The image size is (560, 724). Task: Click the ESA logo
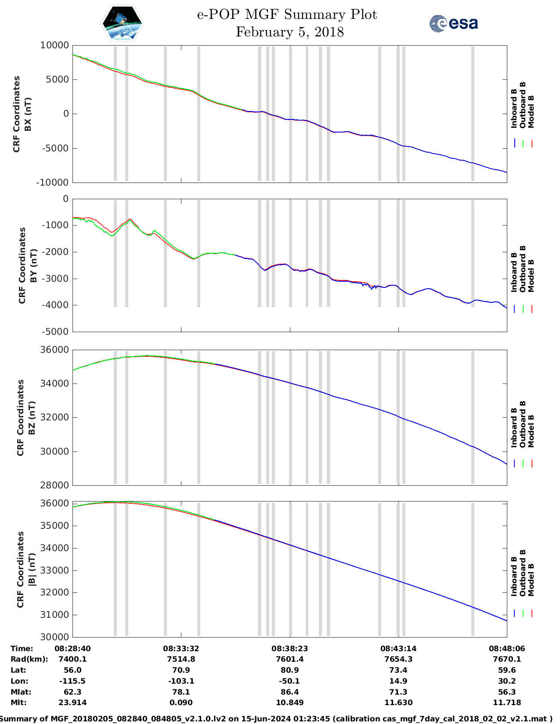(x=453, y=23)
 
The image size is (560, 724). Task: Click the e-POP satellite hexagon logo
(x=123, y=24)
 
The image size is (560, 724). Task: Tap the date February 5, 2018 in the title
(x=289, y=32)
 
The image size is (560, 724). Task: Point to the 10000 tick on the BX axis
(x=54, y=45)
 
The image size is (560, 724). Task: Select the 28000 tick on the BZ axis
(x=54, y=485)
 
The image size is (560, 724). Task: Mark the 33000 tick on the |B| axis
(x=54, y=570)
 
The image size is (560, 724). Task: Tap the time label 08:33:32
(x=181, y=649)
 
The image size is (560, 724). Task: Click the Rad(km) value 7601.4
(x=290, y=659)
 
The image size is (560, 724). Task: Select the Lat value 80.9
(x=290, y=670)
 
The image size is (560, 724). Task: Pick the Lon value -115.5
(x=72, y=681)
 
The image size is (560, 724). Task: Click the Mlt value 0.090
(x=181, y=702)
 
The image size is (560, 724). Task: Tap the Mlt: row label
(x=18, y=702)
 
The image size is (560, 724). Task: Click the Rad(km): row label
(x=29, y=659)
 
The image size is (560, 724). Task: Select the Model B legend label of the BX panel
(x=531, y=111)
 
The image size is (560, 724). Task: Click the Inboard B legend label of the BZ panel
(x=514, y=428)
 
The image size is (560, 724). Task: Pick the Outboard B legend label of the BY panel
(x=523, y=269)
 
